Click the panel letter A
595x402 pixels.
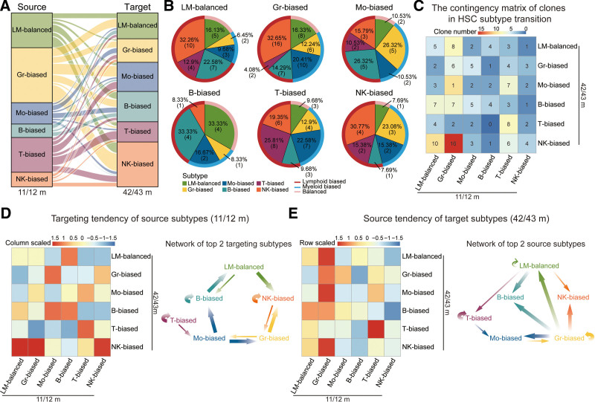(5, 7)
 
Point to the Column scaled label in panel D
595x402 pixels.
(24, 243)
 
